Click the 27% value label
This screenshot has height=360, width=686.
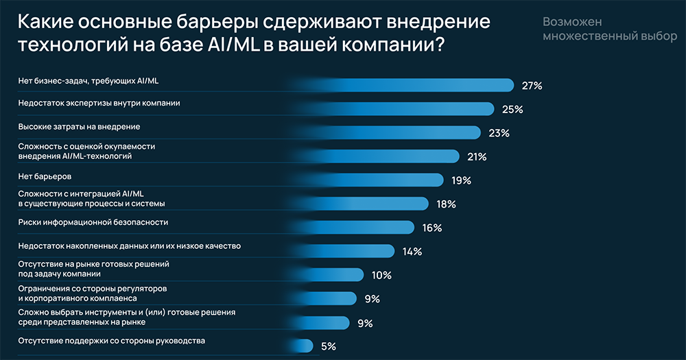pos(532,86)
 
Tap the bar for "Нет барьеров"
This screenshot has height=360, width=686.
pos(384,180)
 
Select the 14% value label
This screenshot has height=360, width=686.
pos(412,252)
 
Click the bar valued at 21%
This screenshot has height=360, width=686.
pos(398,156)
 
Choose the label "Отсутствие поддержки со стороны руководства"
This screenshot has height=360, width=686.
pos(111,340)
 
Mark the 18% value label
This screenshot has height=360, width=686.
pos(446,204)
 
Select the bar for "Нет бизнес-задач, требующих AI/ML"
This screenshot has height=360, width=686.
pos(425,85)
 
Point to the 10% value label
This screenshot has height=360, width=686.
pos(381,275)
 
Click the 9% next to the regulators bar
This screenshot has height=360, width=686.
pos(372,299)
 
